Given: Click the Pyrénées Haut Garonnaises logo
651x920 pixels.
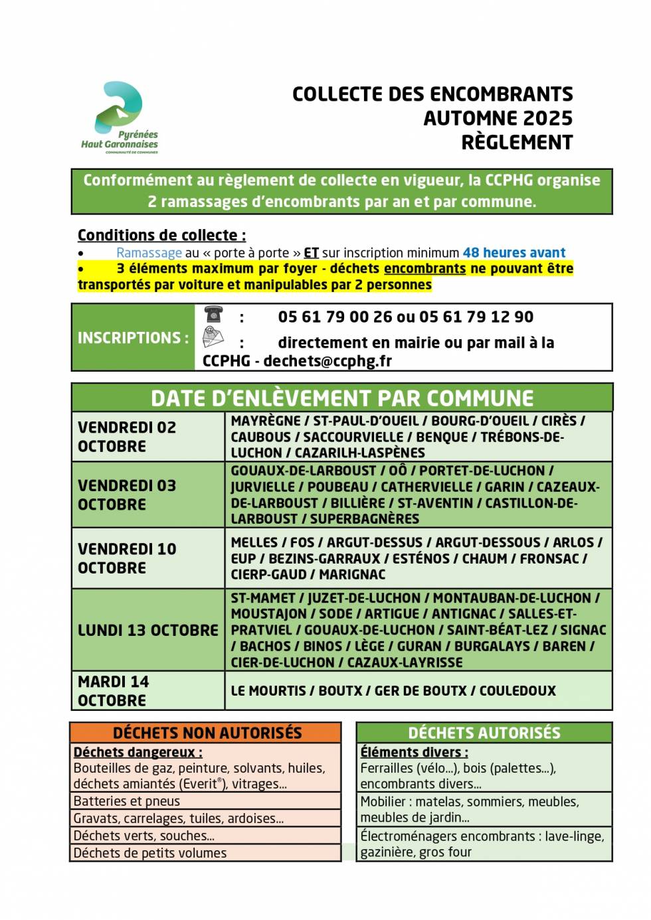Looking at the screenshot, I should tap(120, 117).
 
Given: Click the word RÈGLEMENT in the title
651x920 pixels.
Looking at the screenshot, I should tap(517, 143).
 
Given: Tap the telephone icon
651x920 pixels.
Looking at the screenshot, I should tap(213, 314).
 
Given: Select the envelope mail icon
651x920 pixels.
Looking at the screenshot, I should tap(213, 338).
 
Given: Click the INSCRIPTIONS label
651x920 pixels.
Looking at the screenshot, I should tap(133, 338).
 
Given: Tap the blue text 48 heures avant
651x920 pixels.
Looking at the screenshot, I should tap(513, 253).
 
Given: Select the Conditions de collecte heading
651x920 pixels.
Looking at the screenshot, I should tap(161, 235).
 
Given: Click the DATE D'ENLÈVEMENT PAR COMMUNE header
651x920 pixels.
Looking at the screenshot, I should tap(341, 398).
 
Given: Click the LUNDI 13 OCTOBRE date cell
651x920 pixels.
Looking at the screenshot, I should tap(147, 630).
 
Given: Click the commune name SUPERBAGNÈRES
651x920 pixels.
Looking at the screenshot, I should tap(365, 519).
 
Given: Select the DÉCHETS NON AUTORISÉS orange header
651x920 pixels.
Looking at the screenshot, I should tap(207, 733).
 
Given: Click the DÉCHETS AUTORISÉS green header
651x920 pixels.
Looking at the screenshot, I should tap(484, 733).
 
